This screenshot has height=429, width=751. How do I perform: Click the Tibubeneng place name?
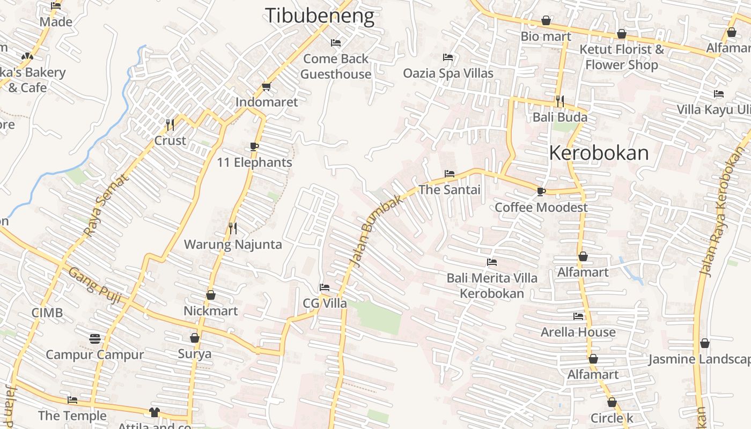coord(320,16)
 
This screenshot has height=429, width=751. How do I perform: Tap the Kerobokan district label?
coord(599,153)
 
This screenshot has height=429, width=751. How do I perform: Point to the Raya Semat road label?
coord(106,205)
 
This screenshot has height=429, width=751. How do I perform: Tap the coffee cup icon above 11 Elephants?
coord(254,147)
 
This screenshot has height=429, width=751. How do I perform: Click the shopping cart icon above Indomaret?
coord(266,86)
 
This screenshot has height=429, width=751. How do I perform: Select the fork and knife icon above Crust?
coord(170,125)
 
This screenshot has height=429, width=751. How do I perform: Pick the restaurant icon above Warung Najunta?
coord(233,228)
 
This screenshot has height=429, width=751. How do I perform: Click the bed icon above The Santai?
coord(450,174)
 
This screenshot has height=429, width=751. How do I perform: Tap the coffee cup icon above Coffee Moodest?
coord(541,191)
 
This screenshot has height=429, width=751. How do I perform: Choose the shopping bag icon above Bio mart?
coord(546,21)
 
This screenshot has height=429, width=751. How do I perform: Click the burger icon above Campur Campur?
coord(95,339)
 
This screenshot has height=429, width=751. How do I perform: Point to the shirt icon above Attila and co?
coord(154,412)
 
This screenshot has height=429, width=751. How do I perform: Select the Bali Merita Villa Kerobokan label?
coord(492,286)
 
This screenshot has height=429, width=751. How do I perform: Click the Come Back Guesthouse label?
coord(336,66)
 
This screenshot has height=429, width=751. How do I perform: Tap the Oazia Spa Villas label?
coord(448,73)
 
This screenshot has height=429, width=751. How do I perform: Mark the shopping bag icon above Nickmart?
coord(211,295)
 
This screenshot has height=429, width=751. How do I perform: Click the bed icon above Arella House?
coord(578,316)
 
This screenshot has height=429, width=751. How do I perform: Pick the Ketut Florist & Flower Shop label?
coord(622,57)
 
